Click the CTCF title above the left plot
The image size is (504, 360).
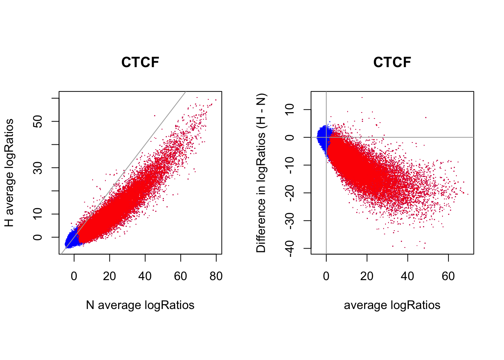coord(140,62)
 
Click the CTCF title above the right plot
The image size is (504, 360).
coord(392,62)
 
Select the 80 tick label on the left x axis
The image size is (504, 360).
coord(216,276)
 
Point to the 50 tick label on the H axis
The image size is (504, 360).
coord(38,121)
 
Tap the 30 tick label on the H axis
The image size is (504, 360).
coord(38,168)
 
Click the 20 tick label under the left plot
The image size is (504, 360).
coord(109,276)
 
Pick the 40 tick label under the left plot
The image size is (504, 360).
coord(145,276)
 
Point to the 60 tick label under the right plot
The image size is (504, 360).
coord(448,276)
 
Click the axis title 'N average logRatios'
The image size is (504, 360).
coord(140,305)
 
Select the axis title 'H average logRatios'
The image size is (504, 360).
coord(9,173)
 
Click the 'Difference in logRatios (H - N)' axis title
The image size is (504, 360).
coord(261,173)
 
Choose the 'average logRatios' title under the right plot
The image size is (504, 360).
coord(392,305)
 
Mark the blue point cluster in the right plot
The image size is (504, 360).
coord(322,136)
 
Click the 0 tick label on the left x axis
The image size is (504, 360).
coord(74,276)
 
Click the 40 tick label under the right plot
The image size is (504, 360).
coord(408,276)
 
